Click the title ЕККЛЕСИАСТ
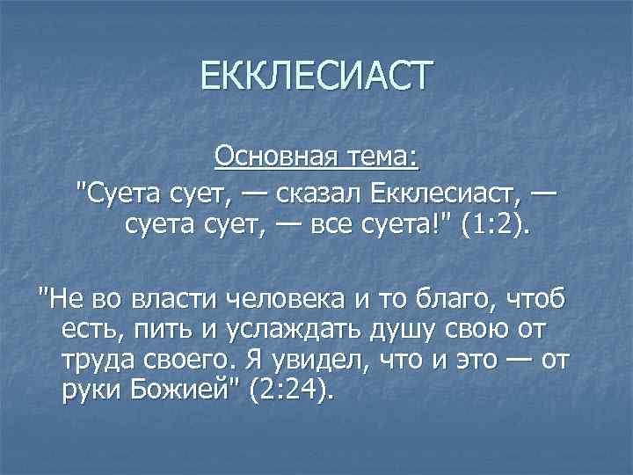click(x=316, y=74)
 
